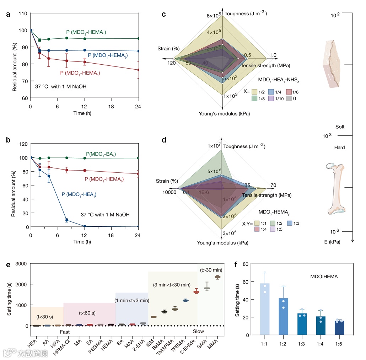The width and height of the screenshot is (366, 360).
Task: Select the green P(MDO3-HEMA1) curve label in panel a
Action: [86, 32]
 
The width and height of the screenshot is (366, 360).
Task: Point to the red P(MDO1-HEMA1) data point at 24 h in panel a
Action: [138, 70]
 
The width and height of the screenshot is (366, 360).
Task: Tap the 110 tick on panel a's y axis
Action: [23, 13]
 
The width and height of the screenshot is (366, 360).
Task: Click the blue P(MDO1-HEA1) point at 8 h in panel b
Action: [66, 220]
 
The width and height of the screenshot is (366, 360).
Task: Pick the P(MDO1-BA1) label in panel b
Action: [101, 154]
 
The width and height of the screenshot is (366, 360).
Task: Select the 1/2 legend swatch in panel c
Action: [255, 91]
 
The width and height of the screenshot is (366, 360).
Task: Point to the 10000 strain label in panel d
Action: [169, 192]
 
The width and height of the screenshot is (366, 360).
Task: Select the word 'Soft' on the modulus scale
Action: [340, 127]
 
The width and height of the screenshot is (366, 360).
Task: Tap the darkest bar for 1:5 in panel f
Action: [339, 328]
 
